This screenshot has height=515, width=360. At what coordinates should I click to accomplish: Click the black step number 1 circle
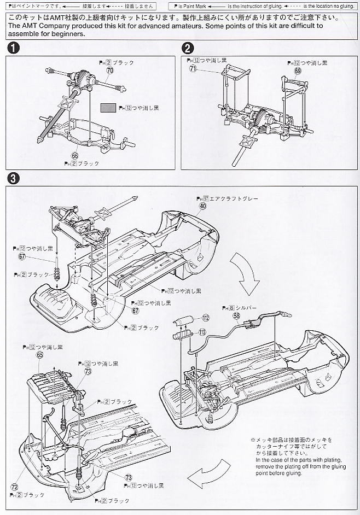tap(13, 48)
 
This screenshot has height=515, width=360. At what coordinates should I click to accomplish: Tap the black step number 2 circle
tap(187, 48)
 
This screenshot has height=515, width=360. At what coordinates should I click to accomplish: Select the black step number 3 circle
tap(13, 178)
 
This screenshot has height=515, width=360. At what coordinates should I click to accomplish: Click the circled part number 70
tap(109, 71)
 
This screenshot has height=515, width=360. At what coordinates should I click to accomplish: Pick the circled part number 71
tap(193, 69)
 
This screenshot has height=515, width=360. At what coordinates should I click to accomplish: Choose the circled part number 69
tap(298, 71)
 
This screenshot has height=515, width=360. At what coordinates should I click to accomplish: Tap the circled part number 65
tap(39, 354)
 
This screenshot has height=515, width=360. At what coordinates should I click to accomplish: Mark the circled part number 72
tap(14, 485)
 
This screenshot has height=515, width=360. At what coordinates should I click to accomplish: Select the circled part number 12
tap(206, 317)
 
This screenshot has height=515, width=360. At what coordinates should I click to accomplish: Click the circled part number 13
tap(202, 332)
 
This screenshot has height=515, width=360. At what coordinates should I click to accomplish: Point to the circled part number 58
tap(236, 315)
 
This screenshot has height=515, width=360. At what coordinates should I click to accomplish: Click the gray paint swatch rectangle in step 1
tap(107, 108)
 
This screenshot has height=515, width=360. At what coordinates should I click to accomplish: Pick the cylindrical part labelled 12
tap(184, 320)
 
